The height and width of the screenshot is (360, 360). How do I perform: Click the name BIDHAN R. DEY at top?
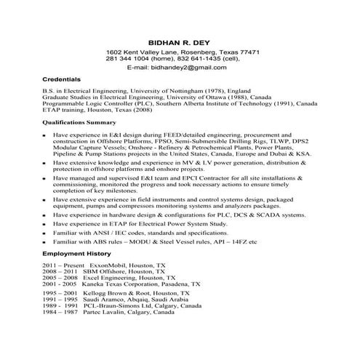point(178,43)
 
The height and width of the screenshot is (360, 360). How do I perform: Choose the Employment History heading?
point(77,254)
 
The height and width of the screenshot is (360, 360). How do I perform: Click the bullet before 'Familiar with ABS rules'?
point(45,242)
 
